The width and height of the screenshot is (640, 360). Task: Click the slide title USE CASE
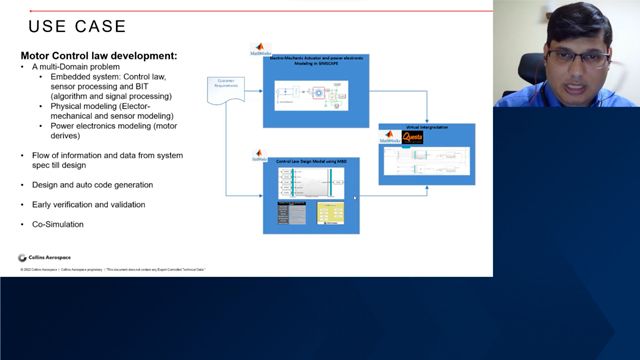pos(77,26)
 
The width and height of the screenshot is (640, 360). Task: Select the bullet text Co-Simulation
pos(57,224)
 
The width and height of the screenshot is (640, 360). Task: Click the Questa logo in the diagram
pos(412,138)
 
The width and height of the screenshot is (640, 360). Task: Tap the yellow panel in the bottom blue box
pos(330,213)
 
